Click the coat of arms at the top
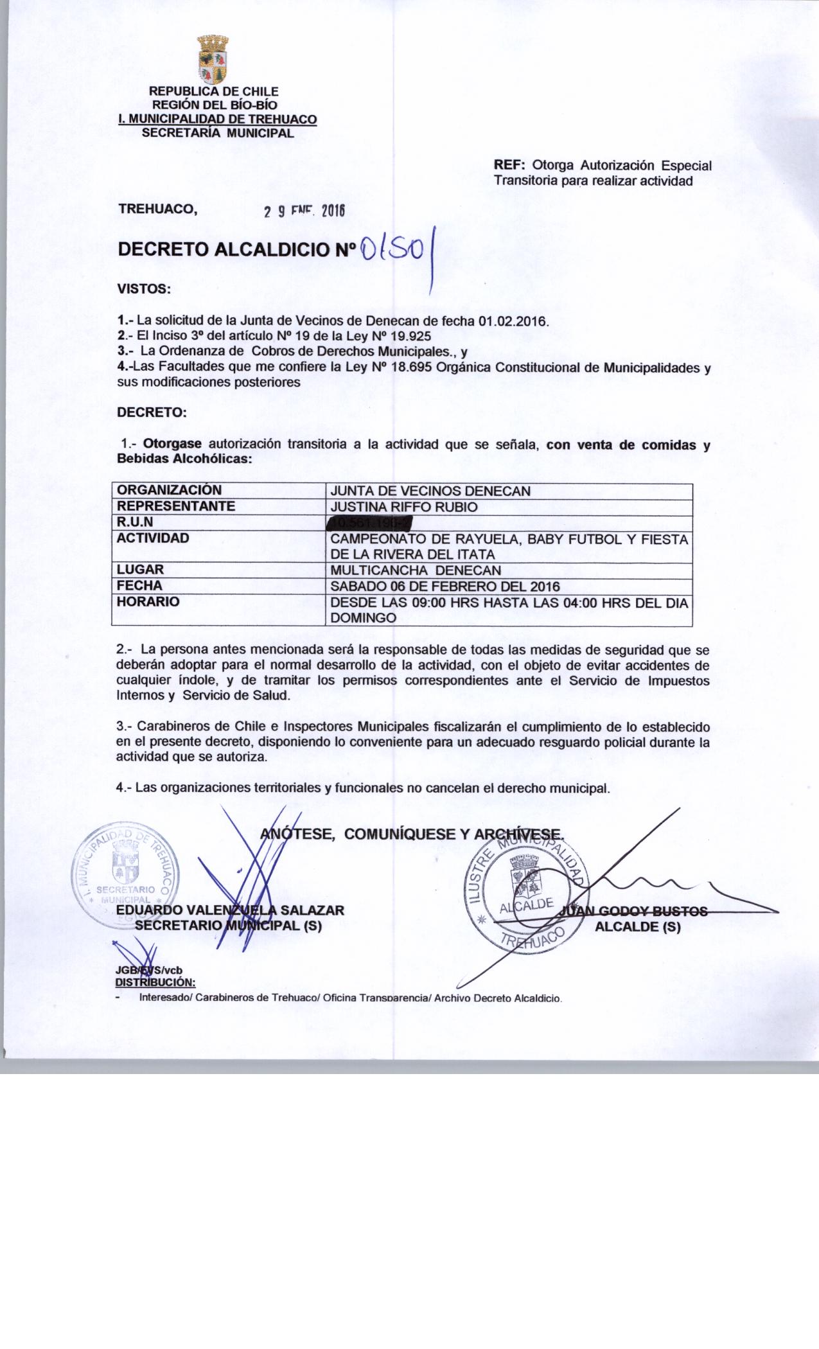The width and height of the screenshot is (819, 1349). point(213,60)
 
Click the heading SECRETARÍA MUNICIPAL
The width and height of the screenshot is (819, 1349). point(217,134)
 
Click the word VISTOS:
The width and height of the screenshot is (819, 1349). point(143,289)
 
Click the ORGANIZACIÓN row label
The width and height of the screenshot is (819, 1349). point(169,491)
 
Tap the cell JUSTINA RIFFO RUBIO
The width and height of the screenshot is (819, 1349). point(403,507)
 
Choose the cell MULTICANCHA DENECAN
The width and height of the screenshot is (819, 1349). point(415,570)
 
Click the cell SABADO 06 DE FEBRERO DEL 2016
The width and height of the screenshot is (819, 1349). point(445,586)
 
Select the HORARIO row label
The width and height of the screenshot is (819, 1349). point(148,602)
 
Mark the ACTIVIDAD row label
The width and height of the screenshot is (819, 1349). point(153,538)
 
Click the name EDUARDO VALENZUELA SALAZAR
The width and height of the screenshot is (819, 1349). point(230,910)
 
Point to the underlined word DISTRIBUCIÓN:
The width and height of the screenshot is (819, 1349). point(154,982)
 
